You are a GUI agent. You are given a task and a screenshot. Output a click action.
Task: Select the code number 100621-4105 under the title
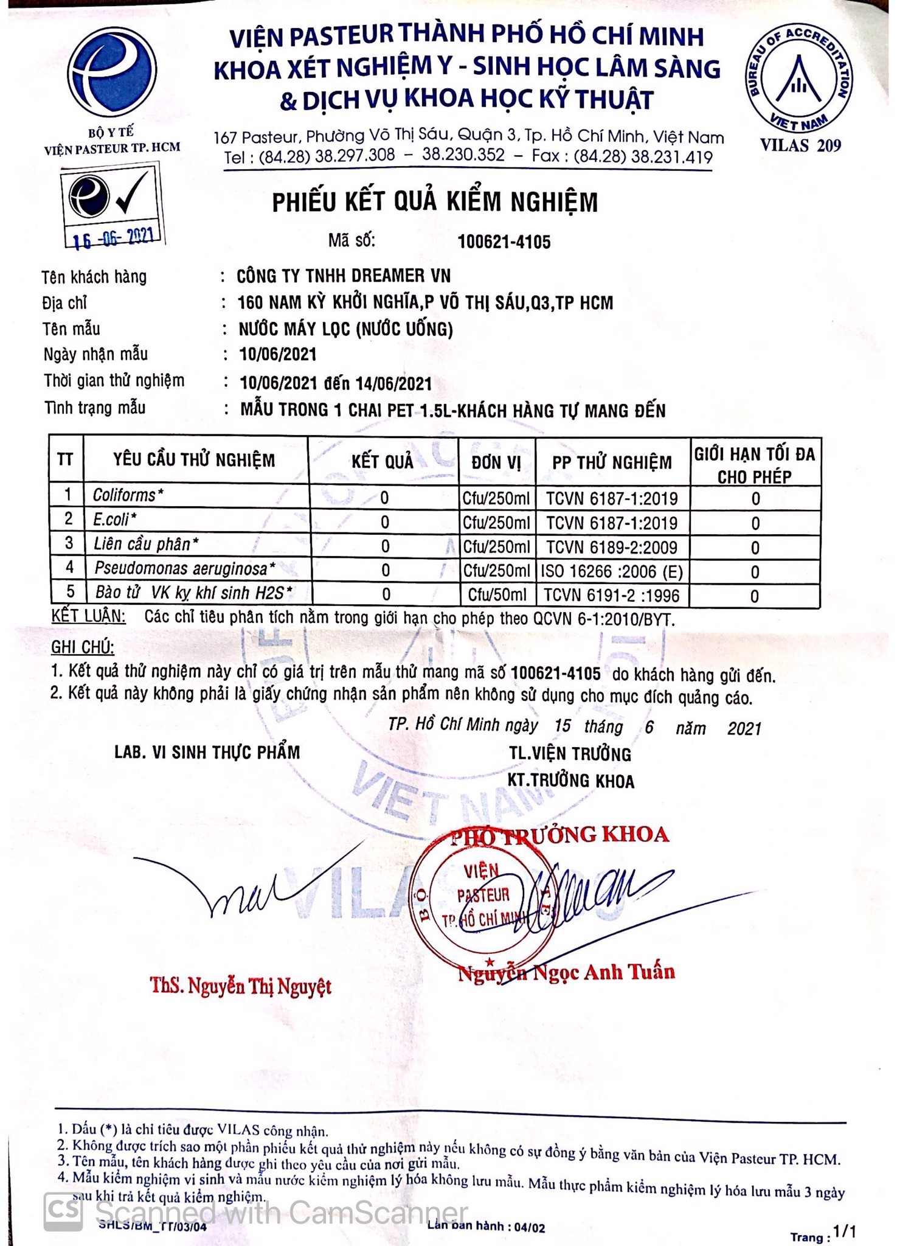pos(504,242)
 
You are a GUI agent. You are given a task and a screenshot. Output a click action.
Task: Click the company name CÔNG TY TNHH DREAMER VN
pos(344,276)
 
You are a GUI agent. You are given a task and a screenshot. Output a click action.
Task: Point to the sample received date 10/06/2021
pos(278,354)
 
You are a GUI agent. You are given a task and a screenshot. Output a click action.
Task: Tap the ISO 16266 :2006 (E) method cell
pos(612,571)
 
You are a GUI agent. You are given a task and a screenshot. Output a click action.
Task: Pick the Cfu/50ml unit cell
pos(497,595)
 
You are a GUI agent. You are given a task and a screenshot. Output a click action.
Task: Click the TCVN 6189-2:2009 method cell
pos(612,547)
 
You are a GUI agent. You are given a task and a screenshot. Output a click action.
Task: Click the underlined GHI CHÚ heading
pos(82,647)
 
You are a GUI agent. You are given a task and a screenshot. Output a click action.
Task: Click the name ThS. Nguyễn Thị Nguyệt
pos(241,986)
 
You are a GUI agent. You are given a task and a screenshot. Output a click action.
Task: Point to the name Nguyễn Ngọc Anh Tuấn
pos(566,972)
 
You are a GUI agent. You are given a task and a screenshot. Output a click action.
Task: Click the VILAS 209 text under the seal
pos(800,145)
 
